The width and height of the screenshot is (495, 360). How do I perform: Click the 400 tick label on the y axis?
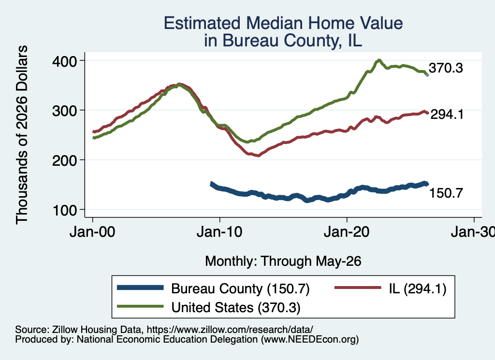click(x=64, y=61)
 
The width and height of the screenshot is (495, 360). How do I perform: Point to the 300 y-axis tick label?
click(x=64, y=111)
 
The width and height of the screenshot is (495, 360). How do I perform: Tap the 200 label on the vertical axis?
click(x=64, y=160)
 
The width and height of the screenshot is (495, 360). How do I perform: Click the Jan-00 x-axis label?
click(x=92, y=232)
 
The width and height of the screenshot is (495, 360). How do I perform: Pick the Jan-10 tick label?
click(x=219, y=232)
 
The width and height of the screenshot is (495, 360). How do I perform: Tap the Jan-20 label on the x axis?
click(x=347, y=232)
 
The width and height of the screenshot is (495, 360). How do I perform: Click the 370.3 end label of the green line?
click(x=446, y=68)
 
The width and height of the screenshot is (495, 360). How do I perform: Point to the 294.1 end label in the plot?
click(x=447, y=115)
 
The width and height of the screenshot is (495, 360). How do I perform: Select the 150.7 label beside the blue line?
click(x=446, y=193)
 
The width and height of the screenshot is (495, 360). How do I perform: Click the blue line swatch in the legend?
click(x=141, y=288)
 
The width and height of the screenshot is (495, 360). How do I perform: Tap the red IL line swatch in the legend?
click(x=358, y=288)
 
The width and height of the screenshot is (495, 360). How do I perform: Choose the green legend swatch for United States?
click(x=141, y=306)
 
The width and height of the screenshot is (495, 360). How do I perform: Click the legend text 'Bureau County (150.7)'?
click(x=240, y=288)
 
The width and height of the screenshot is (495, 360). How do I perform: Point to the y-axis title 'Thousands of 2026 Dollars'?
click(x=22, y=135)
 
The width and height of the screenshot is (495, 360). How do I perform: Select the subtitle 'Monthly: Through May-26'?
click(x=283, y=261)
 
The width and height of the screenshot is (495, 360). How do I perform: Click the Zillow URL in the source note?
click(x=230, y=330)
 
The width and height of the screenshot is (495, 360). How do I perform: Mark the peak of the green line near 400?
click(x=379, y=60)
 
